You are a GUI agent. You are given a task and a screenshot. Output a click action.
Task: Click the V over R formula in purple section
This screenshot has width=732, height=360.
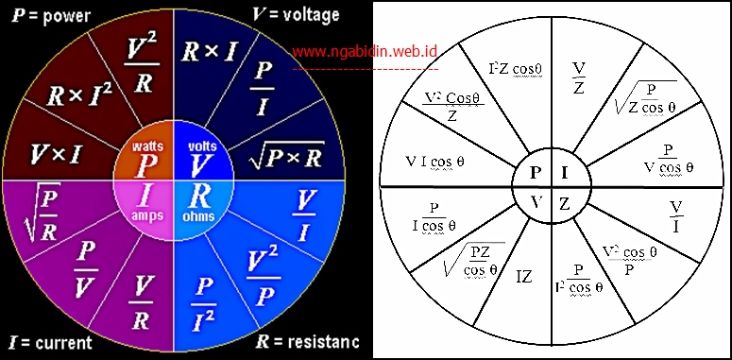[x=141, y=302]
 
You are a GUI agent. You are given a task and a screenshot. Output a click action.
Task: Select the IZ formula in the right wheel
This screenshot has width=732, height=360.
[x=523, y=278]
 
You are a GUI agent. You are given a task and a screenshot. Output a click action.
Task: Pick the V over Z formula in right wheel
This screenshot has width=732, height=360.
[x=580, y=77]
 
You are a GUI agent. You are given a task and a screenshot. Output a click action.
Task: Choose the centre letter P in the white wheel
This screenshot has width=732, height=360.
[x=535, y=173]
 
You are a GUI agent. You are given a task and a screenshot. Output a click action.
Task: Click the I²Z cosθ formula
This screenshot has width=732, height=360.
[x=514, y=69]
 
